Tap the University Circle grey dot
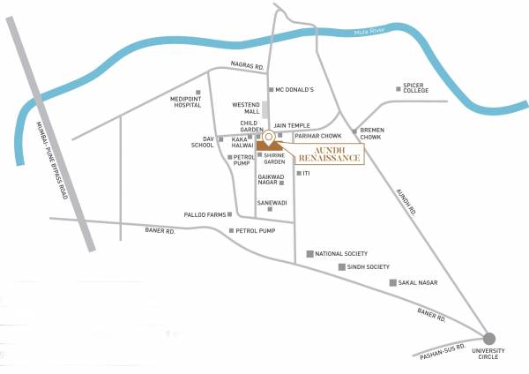click(489, 338)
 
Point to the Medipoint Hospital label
click(186, 101)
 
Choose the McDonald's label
click(295, 89)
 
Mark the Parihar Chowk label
click(317, 136)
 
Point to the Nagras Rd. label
click(247, 66)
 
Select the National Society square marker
click(309, 253)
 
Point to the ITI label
click(306, 173)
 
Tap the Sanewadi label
click(272, 203)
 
